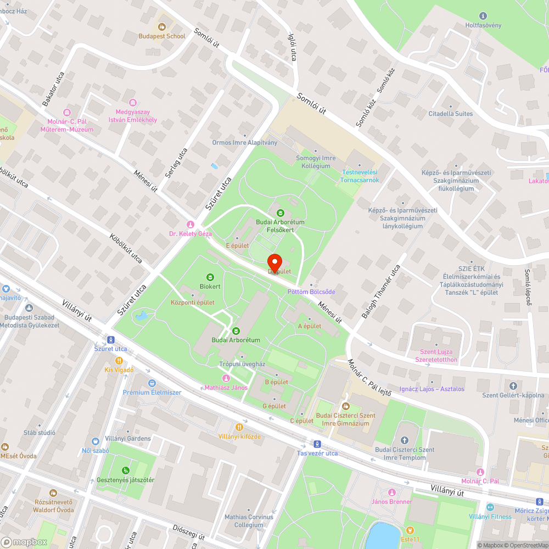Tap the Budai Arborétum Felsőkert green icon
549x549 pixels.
coord(280,212)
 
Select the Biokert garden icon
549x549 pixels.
coord(210,277)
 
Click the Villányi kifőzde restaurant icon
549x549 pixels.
coord(239,427)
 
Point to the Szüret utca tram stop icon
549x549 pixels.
coord(111,339)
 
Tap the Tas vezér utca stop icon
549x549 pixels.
coord(317,444)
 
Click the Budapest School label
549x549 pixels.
coord(162,36)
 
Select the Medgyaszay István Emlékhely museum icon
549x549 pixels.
coord(132,102)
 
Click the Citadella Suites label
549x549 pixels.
coord(450,114)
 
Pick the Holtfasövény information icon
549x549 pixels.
coord(483,16)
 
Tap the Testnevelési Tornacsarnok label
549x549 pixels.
coord(360,176)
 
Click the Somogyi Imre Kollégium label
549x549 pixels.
coord(316,161)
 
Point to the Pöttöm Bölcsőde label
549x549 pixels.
coord(311,292)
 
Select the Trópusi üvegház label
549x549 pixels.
coord(242,364)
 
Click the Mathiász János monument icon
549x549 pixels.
coord(226,378)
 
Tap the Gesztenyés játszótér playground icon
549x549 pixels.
coord(126,470)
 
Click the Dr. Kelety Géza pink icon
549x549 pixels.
coord(191,225)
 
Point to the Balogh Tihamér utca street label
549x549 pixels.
coord(380,292)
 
